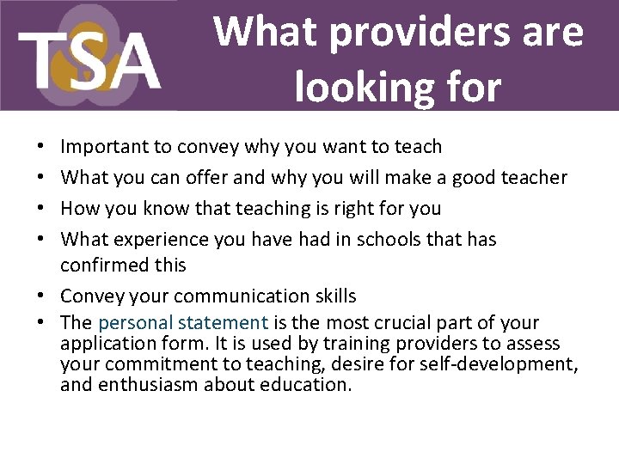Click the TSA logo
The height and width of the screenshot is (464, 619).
[x=89, y=56]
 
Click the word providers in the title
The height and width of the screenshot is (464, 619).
[x=395, y=32]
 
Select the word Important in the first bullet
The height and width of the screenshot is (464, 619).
[x=105, y=147]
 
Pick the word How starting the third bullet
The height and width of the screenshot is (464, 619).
[x=80, y=209]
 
